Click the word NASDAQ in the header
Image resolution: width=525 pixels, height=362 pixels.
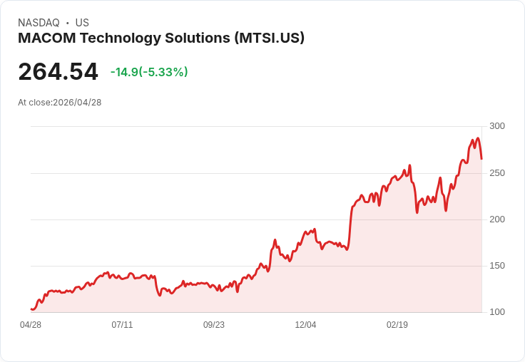39,23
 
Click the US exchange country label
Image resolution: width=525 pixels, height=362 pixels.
82,23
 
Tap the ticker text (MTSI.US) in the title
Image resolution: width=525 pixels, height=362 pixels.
270,38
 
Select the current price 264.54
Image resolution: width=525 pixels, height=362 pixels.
58,72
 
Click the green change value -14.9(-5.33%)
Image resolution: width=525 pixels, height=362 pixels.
149,72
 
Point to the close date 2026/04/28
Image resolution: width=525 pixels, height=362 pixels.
77,103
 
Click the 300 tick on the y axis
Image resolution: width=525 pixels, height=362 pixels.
496,126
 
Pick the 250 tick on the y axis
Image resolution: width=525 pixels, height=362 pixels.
496,173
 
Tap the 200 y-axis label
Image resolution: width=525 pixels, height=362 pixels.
496,219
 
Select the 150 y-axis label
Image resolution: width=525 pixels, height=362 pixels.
496,266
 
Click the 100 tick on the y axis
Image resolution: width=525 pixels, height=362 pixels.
496,312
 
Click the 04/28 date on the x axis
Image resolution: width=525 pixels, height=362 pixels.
31,325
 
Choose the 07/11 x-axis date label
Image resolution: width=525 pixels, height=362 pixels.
122,325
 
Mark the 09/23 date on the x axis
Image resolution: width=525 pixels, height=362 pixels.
214,325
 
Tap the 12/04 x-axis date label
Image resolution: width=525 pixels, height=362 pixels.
305,325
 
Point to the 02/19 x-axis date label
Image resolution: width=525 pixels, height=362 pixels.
397,325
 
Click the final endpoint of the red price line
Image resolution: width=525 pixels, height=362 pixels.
481,158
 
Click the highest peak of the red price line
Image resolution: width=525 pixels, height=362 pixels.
478,139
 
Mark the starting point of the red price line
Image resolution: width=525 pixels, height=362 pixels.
31,309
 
